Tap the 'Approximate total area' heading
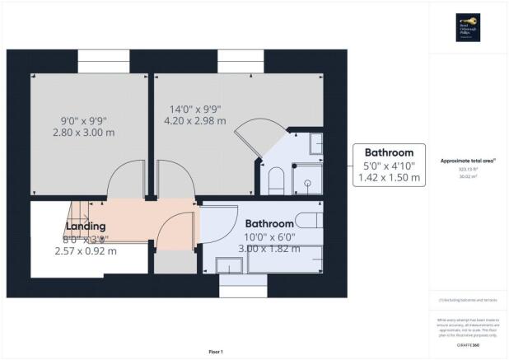(468, 161)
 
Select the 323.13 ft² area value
(468, 168)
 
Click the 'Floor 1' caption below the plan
(215, 352)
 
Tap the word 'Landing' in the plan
(86, 226)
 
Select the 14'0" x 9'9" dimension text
(194, 110)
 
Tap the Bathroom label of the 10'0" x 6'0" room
(270, 223)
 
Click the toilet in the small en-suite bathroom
(277, 179)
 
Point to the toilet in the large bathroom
(308, 219)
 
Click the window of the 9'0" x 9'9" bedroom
(103, 61)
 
